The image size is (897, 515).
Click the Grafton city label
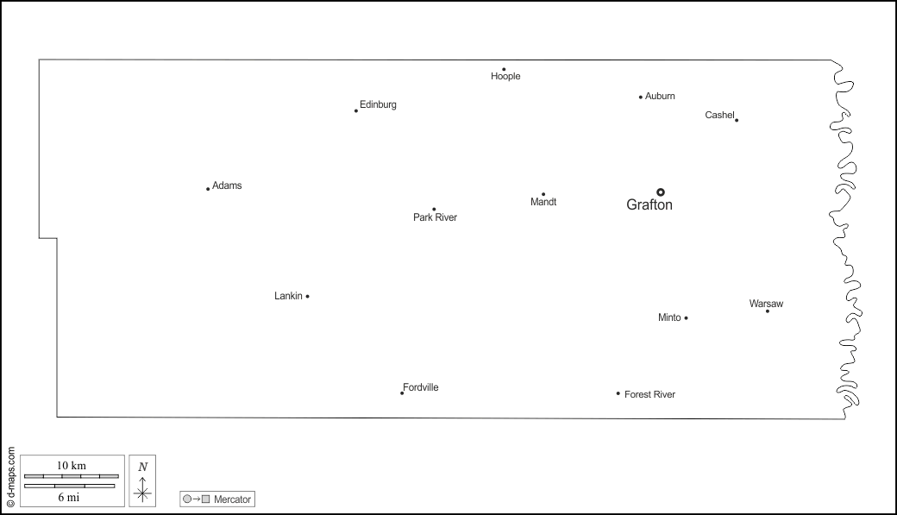point(649,205)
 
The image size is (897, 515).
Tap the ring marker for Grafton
point(661,192)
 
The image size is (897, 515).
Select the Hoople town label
point(505,77)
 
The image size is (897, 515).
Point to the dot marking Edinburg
point(356,110)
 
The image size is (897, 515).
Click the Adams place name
point(227,185)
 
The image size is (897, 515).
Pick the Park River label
point(435,217)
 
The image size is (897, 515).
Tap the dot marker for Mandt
point(543,194)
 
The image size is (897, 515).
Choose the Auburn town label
point(660,96)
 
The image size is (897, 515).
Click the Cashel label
point(719,115)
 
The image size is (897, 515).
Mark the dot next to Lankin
point(308,297)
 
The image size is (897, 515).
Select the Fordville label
point(421,387)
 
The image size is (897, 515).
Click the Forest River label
point(649,394)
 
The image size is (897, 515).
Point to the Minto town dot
point(686,318)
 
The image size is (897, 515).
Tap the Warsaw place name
point(766,304)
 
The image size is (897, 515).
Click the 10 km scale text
point(72,465)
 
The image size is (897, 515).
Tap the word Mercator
point(232,499)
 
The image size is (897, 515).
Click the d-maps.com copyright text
point(10,476)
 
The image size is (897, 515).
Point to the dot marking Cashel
point(737,120)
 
